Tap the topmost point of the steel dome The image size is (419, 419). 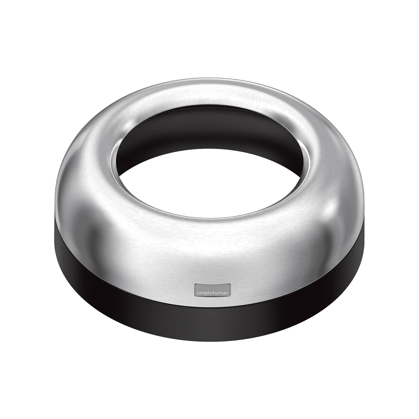[209, 80]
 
